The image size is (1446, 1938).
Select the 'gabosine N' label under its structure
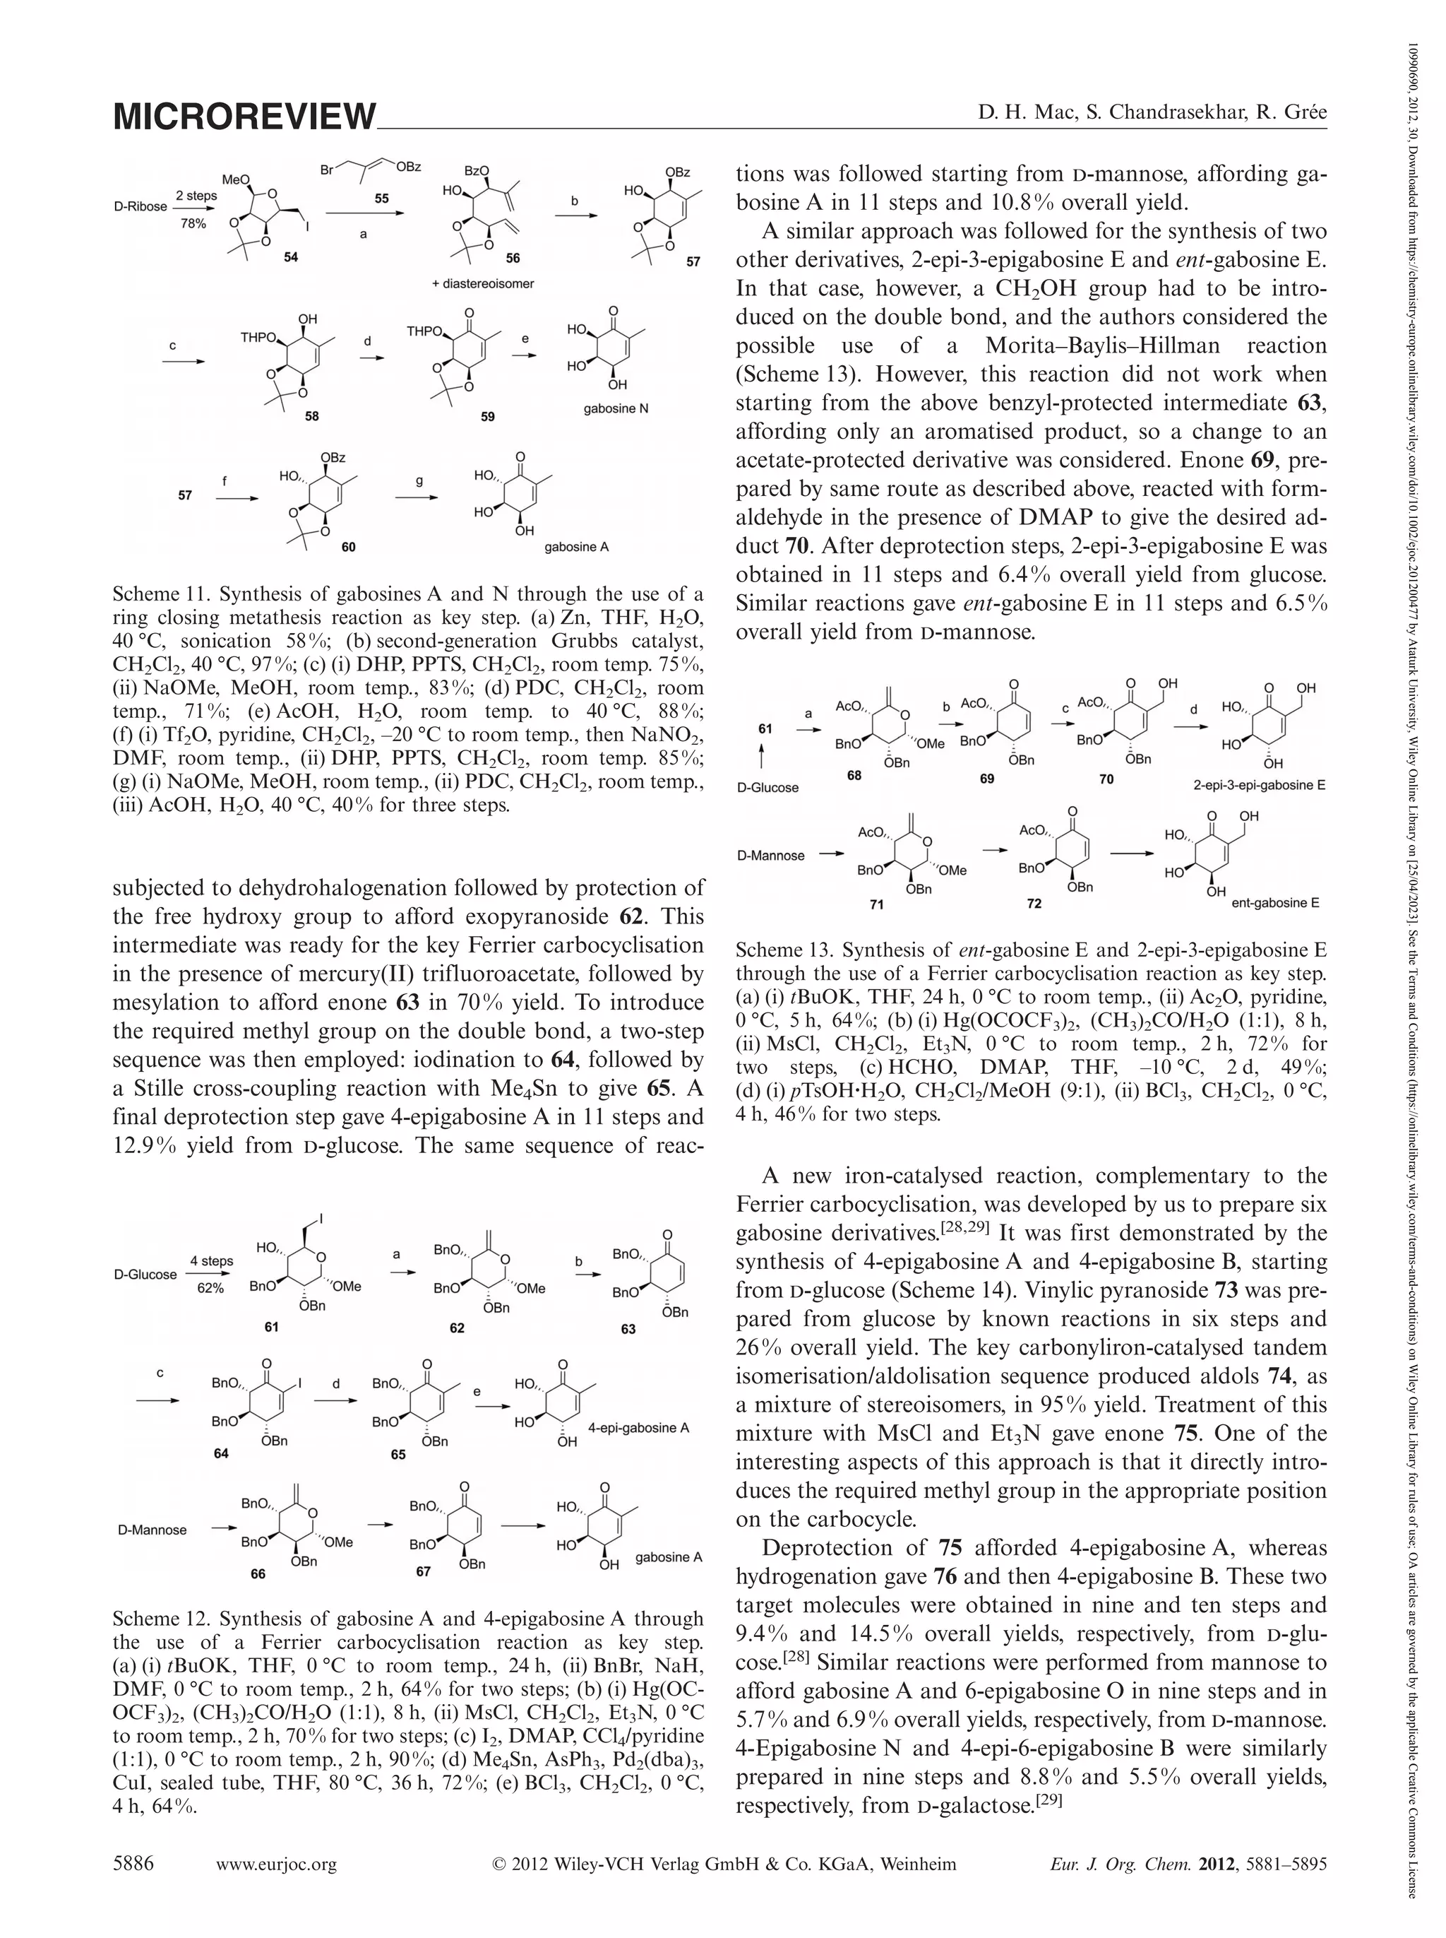click(616, 408)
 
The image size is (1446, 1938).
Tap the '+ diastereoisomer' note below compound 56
click(483, 284)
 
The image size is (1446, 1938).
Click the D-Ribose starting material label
click(140, 207)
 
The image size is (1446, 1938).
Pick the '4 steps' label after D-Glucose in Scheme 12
click(212, 1261)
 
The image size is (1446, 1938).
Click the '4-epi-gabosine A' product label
click(639, 1427)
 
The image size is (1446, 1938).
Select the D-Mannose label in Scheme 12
click(153, 1530)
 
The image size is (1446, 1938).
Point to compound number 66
click(257, 1573)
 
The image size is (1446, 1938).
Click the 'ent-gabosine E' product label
click(1274, 902)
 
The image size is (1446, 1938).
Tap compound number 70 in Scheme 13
click(1106, 779)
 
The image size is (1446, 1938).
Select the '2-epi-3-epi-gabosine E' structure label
click(1259, 785)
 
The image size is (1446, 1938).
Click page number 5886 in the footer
click(133, 1864)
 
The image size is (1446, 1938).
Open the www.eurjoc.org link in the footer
click(277, 1865)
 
